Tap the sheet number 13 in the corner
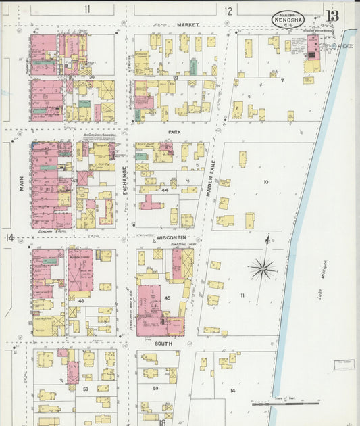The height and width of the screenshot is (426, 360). [x=332, y=16]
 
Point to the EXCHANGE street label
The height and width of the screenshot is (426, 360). [x=126, y=181]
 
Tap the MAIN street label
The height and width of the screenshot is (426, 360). [x=22, y=183]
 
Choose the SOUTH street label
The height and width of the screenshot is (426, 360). [x=163, y=344]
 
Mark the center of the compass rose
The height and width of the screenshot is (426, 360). [x=263, y=269]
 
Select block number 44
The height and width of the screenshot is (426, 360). [x=164, y=191]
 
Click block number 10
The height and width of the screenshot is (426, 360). [x=266, y=182]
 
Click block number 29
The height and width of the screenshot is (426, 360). [x=174, y=78]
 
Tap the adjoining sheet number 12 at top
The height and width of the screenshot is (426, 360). [x=228, y=10]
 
